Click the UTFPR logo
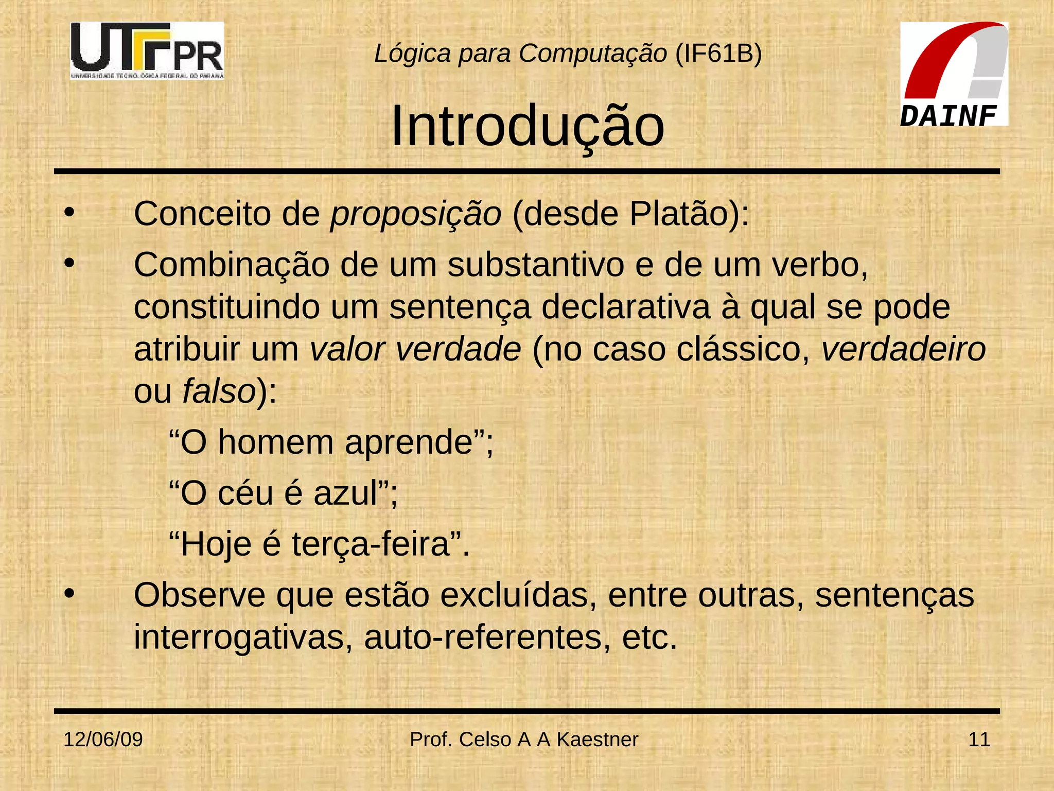pos(147,50)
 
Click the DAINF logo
pos(954,74)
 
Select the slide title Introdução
pos(528,126)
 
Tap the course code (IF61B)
pos(718,54)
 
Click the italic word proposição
pos(416,214)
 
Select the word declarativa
pos(625,307)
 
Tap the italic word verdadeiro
pos(903,350)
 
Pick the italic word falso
pos(219,391)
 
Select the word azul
pos(345,493)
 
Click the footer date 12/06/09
pos(103,740)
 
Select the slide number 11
pos(979,740)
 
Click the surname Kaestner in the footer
pos(597,740)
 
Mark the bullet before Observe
pos(69,594)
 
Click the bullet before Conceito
pos(69,212)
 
